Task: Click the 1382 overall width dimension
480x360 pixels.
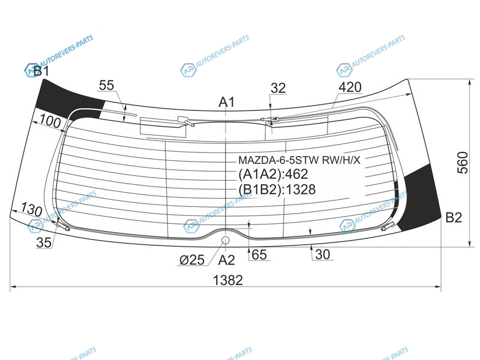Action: [x=228, y=280]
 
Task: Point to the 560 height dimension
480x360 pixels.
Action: [x=463, y=163]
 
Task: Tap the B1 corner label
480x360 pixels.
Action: [x=41, y=71]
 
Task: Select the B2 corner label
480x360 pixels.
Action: [x=454, y=218]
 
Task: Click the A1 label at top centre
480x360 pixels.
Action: [x=227, y=102]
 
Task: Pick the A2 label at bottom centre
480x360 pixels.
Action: [x=227, y=260]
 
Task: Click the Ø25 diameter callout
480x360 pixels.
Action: [x=192, y=260]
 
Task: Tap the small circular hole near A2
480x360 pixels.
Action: [x=226, y=241]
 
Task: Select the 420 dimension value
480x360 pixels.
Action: [x=350, y=87]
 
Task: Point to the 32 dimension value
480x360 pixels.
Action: [x=278, y=88]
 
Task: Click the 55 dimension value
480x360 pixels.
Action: [x=107, y=85]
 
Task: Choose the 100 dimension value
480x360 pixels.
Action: [x=50, y=122]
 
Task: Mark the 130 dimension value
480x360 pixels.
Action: [x=32, y=210]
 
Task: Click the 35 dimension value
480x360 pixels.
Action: [x=44, y=242]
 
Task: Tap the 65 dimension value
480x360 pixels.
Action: [x=259, y=254]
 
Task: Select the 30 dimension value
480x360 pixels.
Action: [x=322, y=254]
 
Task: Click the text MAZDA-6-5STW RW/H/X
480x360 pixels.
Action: [x=299, y=160]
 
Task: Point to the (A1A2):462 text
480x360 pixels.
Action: [x=273, y=174]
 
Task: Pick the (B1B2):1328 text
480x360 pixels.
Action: [x=277, y=190]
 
